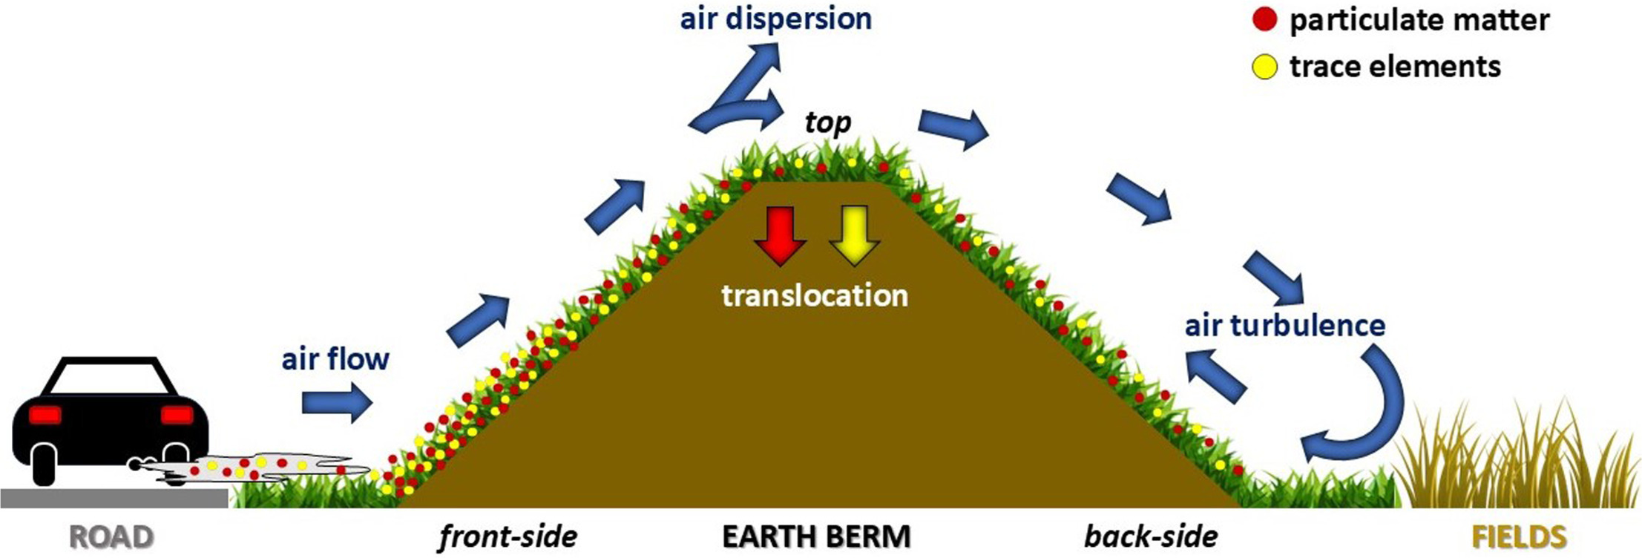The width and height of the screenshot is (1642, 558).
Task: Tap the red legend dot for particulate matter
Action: point(1264,20)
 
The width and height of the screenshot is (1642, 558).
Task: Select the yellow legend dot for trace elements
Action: point(1264,68)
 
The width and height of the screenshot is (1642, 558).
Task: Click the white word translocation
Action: point(815,296)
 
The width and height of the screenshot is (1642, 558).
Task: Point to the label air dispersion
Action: point(775,19)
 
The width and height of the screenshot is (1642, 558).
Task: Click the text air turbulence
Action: point(1284,326)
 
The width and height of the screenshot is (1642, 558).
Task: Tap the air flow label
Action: point(335,359)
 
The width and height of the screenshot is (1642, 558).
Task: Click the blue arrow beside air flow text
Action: point(336,403)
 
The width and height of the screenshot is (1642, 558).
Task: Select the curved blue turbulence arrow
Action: point(1358,416)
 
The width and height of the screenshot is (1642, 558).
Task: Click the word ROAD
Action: point(111,536)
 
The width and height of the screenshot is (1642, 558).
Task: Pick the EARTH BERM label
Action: point(816,536)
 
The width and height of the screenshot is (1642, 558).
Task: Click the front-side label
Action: point(508,536)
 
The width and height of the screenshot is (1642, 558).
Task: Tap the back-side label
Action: point(1151,536)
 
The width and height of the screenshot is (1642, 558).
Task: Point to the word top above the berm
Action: point(828,122)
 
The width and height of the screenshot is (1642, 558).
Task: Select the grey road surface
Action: point(111,498)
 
